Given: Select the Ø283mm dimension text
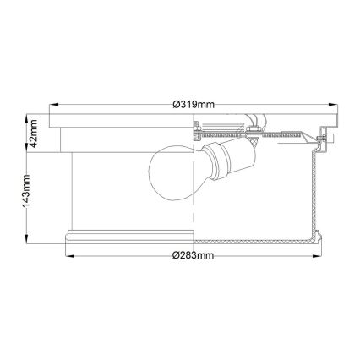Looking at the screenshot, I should click(193, 254).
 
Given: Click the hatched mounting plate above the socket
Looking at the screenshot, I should click(270, 134).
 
